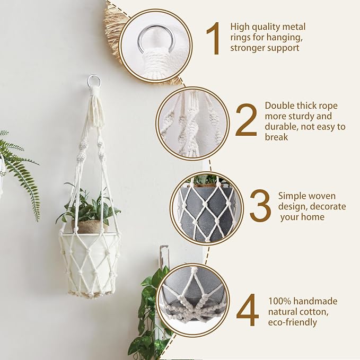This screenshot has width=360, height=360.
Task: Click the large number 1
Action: (x=213, y=39)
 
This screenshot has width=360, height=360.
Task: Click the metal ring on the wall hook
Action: (x=94, y=81)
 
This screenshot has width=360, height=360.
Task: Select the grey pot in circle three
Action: (x=207, y=212)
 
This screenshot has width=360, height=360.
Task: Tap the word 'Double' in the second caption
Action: (x=279, y=106)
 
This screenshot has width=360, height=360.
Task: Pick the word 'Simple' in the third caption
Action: (x=292, y=196)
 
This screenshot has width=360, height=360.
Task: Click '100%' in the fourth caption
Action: (x=280, y=301)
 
